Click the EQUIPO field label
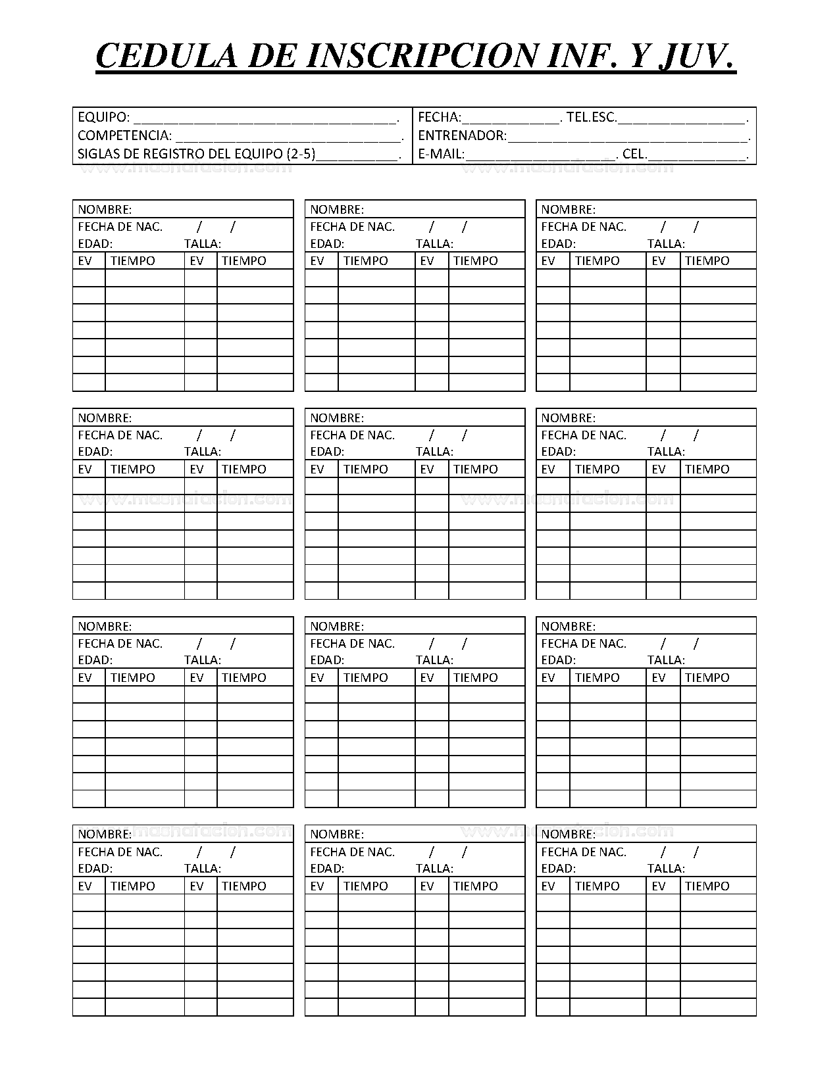103,118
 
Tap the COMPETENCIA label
124,136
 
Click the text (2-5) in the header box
301,155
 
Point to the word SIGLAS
96,155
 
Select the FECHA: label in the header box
440,118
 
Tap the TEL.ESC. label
592,118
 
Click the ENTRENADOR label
463,136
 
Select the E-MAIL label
441,155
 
